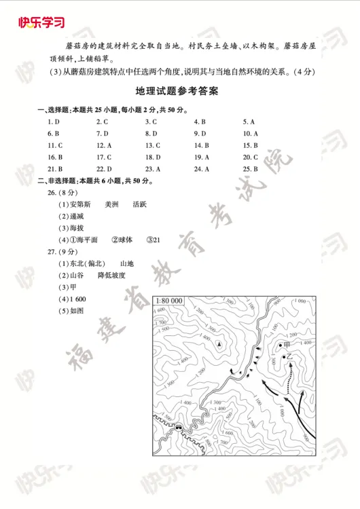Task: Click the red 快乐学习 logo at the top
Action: pyautogui.click(x=41, y=22)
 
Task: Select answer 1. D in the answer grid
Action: pyautogui.click(x=52, y=122)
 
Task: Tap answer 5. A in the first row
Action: pyautogui.click(x=249, y=122)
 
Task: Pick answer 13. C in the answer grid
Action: pyautogui.click(x=152, y=145)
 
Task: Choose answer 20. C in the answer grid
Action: pyautogui.click(x=250, y=157)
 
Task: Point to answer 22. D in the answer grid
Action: pyautogui.click(x=104, y=169)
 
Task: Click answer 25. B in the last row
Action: pyautogui.click(x=250, y=169)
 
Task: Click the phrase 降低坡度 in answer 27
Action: pyautogui.click(x=111, y=276)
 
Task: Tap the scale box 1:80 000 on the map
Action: pyautogui.click(x=169, y=301)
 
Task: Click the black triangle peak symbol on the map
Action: pyautogui.click(x=219, y=344)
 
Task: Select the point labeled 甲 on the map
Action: pyautogui.click(x=285, y=345)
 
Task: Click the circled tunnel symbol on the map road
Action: pyautogui.click(x=178, y=427)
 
